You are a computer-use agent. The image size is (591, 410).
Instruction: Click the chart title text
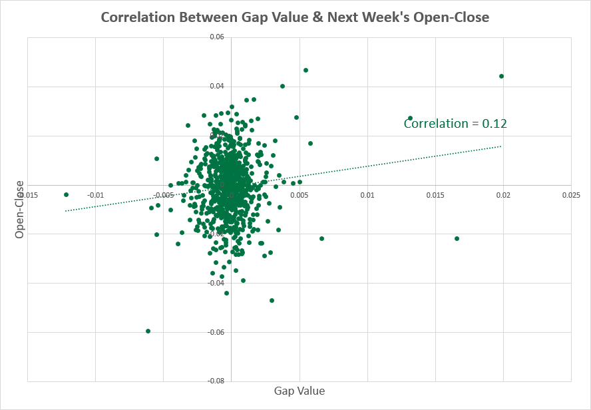tap(295, 17)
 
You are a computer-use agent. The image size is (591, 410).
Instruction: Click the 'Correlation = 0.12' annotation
tap(455, 123)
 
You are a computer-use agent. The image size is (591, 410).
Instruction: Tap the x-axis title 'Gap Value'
tap(299, 391)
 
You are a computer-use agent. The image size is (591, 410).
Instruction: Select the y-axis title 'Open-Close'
tap(20, 210)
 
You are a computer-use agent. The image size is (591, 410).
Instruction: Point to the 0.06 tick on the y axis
tap(216, 37)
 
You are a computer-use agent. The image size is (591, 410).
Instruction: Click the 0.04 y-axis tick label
tap(216, 87)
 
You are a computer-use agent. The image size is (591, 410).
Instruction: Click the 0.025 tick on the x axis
tap(570, 195)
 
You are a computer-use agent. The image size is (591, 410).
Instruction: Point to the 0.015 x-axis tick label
tap(435, 195)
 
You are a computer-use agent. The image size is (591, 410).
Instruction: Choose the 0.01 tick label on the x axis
tap(367, 195)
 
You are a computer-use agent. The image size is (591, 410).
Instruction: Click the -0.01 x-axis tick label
tap(95, 195)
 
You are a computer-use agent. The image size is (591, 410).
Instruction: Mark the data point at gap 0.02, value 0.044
tap(501, 76)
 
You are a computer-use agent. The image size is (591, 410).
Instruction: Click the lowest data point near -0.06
tap(148, 331)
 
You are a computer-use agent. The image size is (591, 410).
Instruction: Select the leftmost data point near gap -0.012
tap(66, 194)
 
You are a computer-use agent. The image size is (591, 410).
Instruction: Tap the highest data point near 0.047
tap(305, 70)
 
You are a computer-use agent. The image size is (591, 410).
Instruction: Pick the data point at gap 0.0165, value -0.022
tap(457, 238)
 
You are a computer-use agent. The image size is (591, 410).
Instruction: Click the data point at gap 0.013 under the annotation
tap(410, 118)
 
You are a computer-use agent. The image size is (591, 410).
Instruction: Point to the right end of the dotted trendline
tap(500, 146)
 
